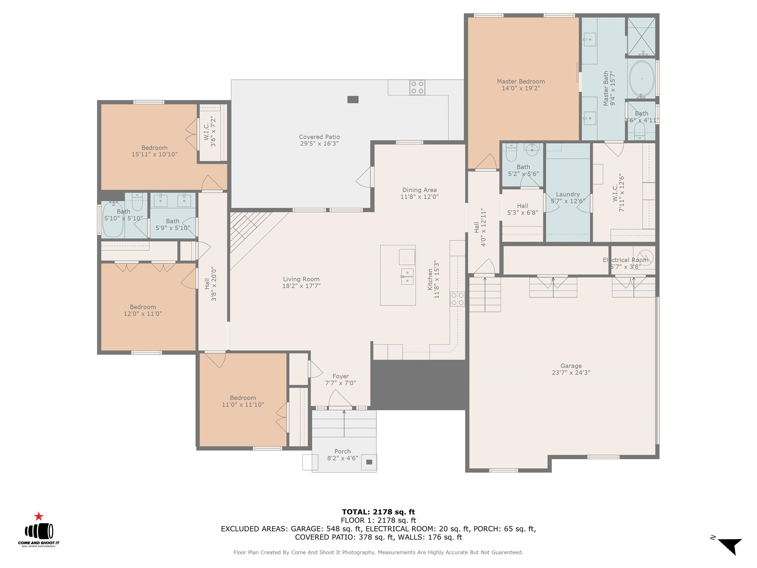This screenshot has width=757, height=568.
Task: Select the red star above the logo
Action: pos(39,516)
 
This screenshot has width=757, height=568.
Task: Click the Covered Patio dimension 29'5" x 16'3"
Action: pos(319,143)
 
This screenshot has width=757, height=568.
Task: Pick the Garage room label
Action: pos(571,366)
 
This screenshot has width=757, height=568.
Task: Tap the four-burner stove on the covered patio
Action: pos(417,87)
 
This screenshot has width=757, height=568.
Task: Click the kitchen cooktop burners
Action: pos(457,299)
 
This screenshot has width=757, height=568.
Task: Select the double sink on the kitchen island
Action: pos(407,277)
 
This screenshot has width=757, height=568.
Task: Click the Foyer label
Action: pos(341,376)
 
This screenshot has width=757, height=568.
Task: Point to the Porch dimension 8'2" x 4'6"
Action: pos(343,458)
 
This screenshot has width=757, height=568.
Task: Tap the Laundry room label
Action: pos(568,195)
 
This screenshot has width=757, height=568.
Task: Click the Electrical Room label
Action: pos(626,260)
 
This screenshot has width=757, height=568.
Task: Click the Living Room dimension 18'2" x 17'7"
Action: pos(301,286)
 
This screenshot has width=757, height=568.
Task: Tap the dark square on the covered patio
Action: pos(353,100)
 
